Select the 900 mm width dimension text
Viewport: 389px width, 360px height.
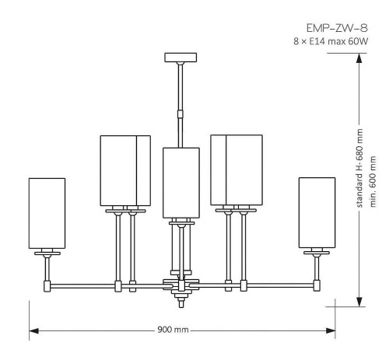pos(171,330)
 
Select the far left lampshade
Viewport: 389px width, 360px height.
pos(47,213)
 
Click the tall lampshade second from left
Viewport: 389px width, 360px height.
pos(124,170)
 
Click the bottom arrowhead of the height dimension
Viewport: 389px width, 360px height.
pos(359,302)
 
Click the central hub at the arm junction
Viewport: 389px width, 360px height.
pos(180,285)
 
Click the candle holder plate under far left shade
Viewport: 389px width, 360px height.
pos(47,253)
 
